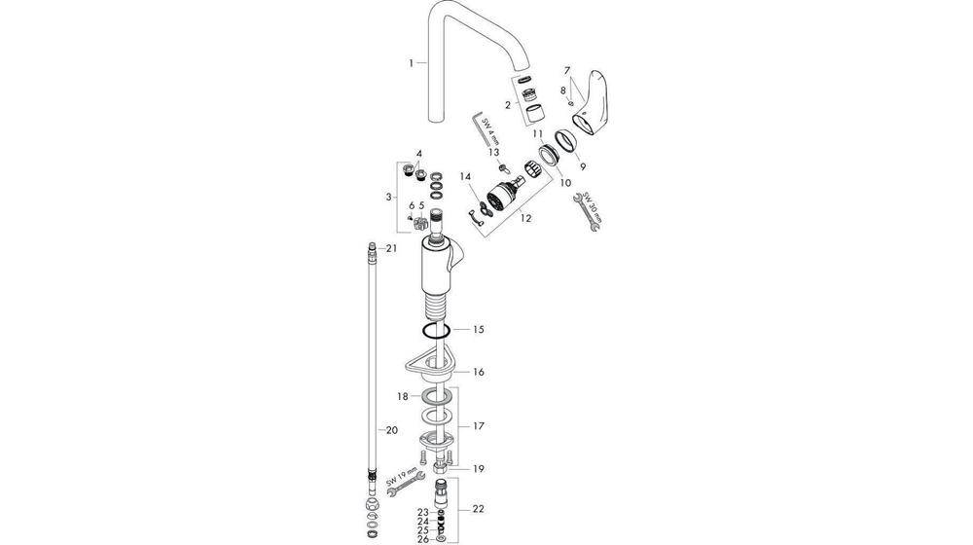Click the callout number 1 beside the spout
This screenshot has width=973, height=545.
tap(413, 62)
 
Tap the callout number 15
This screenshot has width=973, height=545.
tap(478, 330)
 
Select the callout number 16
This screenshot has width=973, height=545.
tap(478, 372)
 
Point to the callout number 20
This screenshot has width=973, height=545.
tap(392, 428)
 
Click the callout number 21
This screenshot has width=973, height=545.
tap(392, 249)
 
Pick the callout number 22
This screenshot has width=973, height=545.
tap(478, 509)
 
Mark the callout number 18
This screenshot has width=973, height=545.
tap(401, 397)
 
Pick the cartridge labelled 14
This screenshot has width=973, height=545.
tap(501, 191)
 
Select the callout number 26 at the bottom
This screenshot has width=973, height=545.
tap(422, 537)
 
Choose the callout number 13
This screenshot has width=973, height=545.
tap(494, 152)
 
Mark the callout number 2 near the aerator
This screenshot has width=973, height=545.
tap(507, 104)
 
